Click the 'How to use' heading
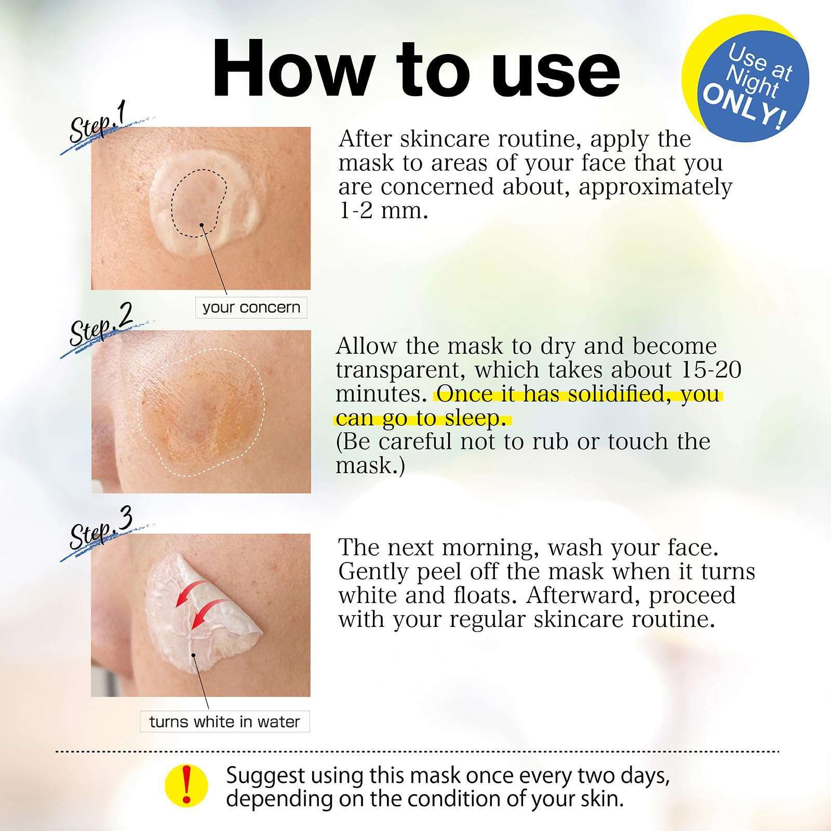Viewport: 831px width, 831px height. coord(416,69)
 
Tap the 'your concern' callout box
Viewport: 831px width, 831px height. coord(251,307)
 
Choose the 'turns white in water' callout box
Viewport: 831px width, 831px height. coord(224,721)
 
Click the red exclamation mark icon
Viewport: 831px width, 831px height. coord(186,785)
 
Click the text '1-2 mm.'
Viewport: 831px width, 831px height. coord(383,211)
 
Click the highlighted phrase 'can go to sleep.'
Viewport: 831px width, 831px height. coord(421,418)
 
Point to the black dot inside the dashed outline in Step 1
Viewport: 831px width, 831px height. coord(202,224)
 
